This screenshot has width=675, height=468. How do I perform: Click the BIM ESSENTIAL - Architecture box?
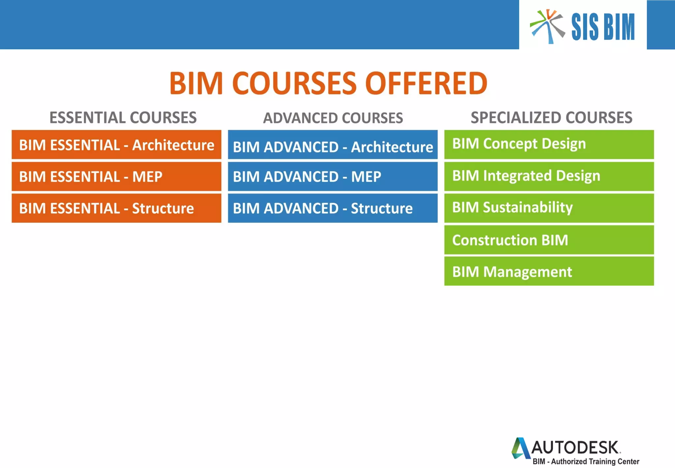(x=116, y=145)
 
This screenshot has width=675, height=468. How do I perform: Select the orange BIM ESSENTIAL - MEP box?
(x=116, y=176)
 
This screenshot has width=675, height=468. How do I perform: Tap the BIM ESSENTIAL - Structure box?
(x=116, y=208)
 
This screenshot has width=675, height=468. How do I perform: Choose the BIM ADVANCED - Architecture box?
(x=333, y=145)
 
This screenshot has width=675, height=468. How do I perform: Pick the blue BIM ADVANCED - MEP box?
(x=333, y=176)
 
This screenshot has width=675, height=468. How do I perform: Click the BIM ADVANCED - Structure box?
(x=333, y=208)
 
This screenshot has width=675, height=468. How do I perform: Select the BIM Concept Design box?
(x=549, y=145)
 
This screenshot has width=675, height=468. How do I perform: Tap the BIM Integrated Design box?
(x=549, y=176)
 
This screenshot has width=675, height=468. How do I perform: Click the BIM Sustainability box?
(x=549, y=208)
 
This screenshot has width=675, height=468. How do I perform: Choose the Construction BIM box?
(x=549, y=240)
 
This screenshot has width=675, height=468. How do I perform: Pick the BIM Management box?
(x=549, y=271)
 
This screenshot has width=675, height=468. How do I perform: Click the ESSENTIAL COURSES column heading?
(x=123, y=117)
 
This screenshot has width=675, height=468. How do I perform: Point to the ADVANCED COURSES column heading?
(x=333, y=118)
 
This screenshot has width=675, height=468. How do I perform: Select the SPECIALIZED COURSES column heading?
(x=551, y=117)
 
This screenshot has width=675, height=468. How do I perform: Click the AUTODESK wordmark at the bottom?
(x=575, y=448)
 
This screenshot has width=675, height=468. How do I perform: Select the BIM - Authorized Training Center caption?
(x=586, y=461)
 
